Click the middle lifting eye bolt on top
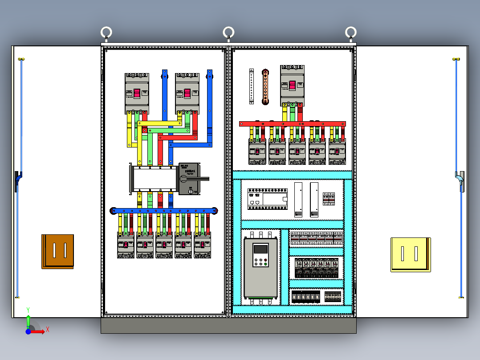pyautogui.click(x=228, y=33)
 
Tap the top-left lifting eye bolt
pyautogui.click(x=106, y=33)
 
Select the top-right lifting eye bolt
pyautogui.click(x=351, y=33)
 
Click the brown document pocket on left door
pyautogui.click(x=58, y=251)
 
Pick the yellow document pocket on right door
pyautogui.click(x=410, y=254)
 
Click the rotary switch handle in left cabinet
pyautogui.click(x=196, y=179)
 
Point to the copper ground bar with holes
pyautogui.click(x=265, y=86)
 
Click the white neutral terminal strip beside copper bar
pyautogui.click(x=252, y=86)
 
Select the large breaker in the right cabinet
pyautogui.click(x=292, y=86)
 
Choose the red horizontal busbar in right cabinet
pyautogui.click(x=292, y=124)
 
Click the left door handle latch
pyautogui.click(x=17, y=180)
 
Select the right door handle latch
pyautogui.click(x=460, y=180)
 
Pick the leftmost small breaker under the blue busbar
pyautogui.click(x=126, y=245)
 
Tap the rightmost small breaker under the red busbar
pyautogui.click(x=337, y=151)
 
